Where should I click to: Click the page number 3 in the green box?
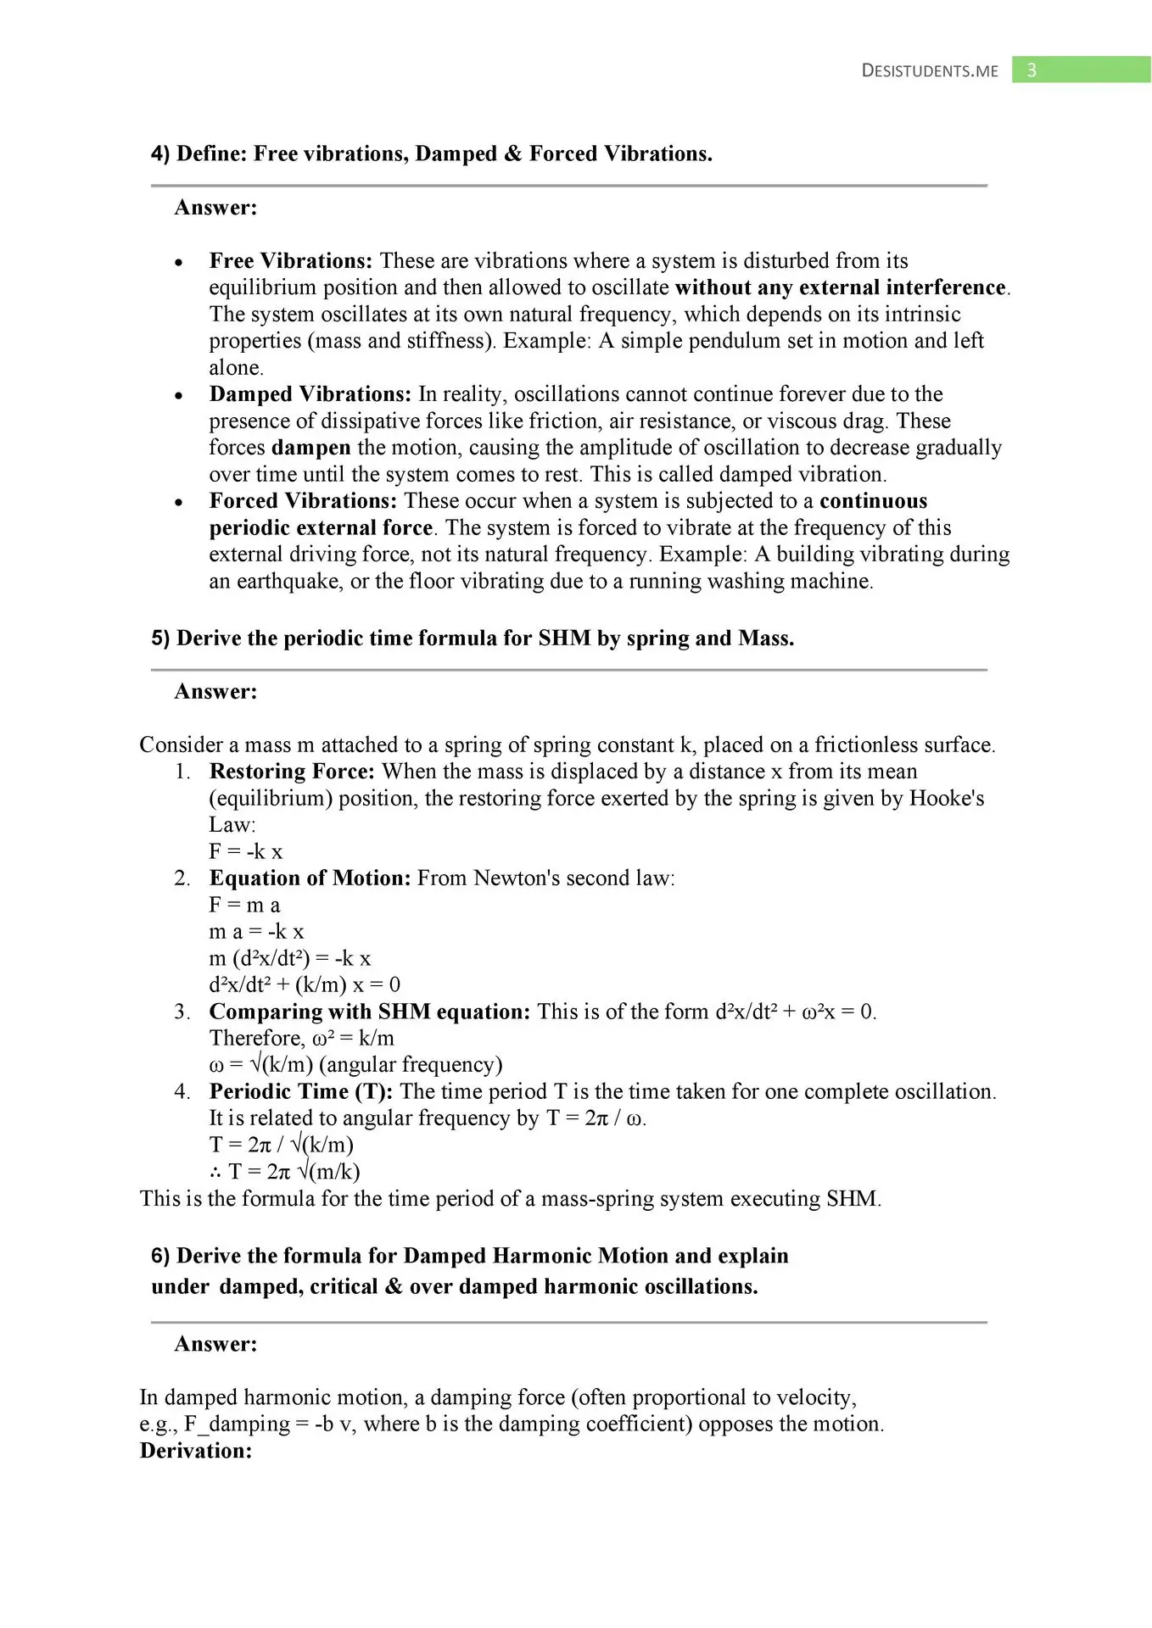[1032, 70]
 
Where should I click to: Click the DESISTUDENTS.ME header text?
[930, 70]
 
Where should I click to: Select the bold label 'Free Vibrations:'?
[291, 261]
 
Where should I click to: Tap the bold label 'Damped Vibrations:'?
[310, 394]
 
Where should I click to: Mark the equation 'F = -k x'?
[246, 852]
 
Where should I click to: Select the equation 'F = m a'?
[244, 906]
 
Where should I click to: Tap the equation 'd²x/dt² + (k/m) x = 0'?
[305, 985]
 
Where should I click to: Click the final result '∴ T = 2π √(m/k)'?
[285, 1172]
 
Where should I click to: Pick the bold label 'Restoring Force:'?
[292, 772]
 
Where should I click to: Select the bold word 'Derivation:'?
[196, 1451]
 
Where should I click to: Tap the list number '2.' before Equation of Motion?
[182, 878]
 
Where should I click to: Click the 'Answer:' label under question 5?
[215, 692]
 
